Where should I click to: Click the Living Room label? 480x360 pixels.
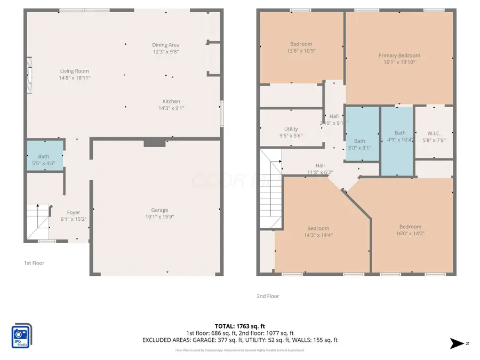74,71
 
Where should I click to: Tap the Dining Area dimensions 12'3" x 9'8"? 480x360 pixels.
166,52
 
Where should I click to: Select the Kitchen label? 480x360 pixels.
171,101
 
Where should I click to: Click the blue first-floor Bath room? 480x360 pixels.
45,155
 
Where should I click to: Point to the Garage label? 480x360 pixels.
159,210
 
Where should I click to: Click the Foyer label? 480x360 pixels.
74,212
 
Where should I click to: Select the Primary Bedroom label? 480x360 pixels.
399,55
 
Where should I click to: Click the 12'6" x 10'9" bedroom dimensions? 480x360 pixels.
301,51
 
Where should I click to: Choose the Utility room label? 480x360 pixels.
291,129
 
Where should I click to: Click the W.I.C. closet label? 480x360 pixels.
434,133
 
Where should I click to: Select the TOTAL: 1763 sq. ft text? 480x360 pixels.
239,325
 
